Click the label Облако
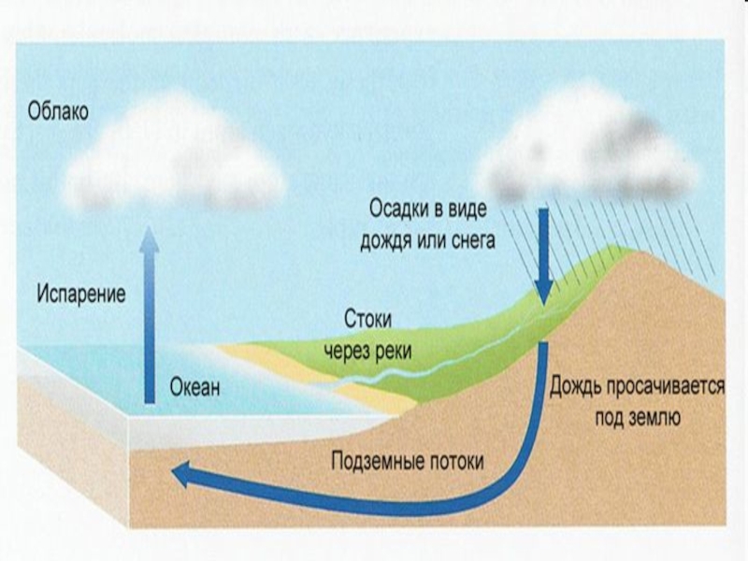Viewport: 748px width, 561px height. point(58,113)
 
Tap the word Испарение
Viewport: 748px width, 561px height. point(82,293)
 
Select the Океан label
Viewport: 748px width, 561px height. point(195,387)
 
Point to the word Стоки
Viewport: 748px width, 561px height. point(367,318)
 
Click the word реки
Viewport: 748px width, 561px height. point(392,350)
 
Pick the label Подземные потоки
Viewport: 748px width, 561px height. point(408,461)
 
